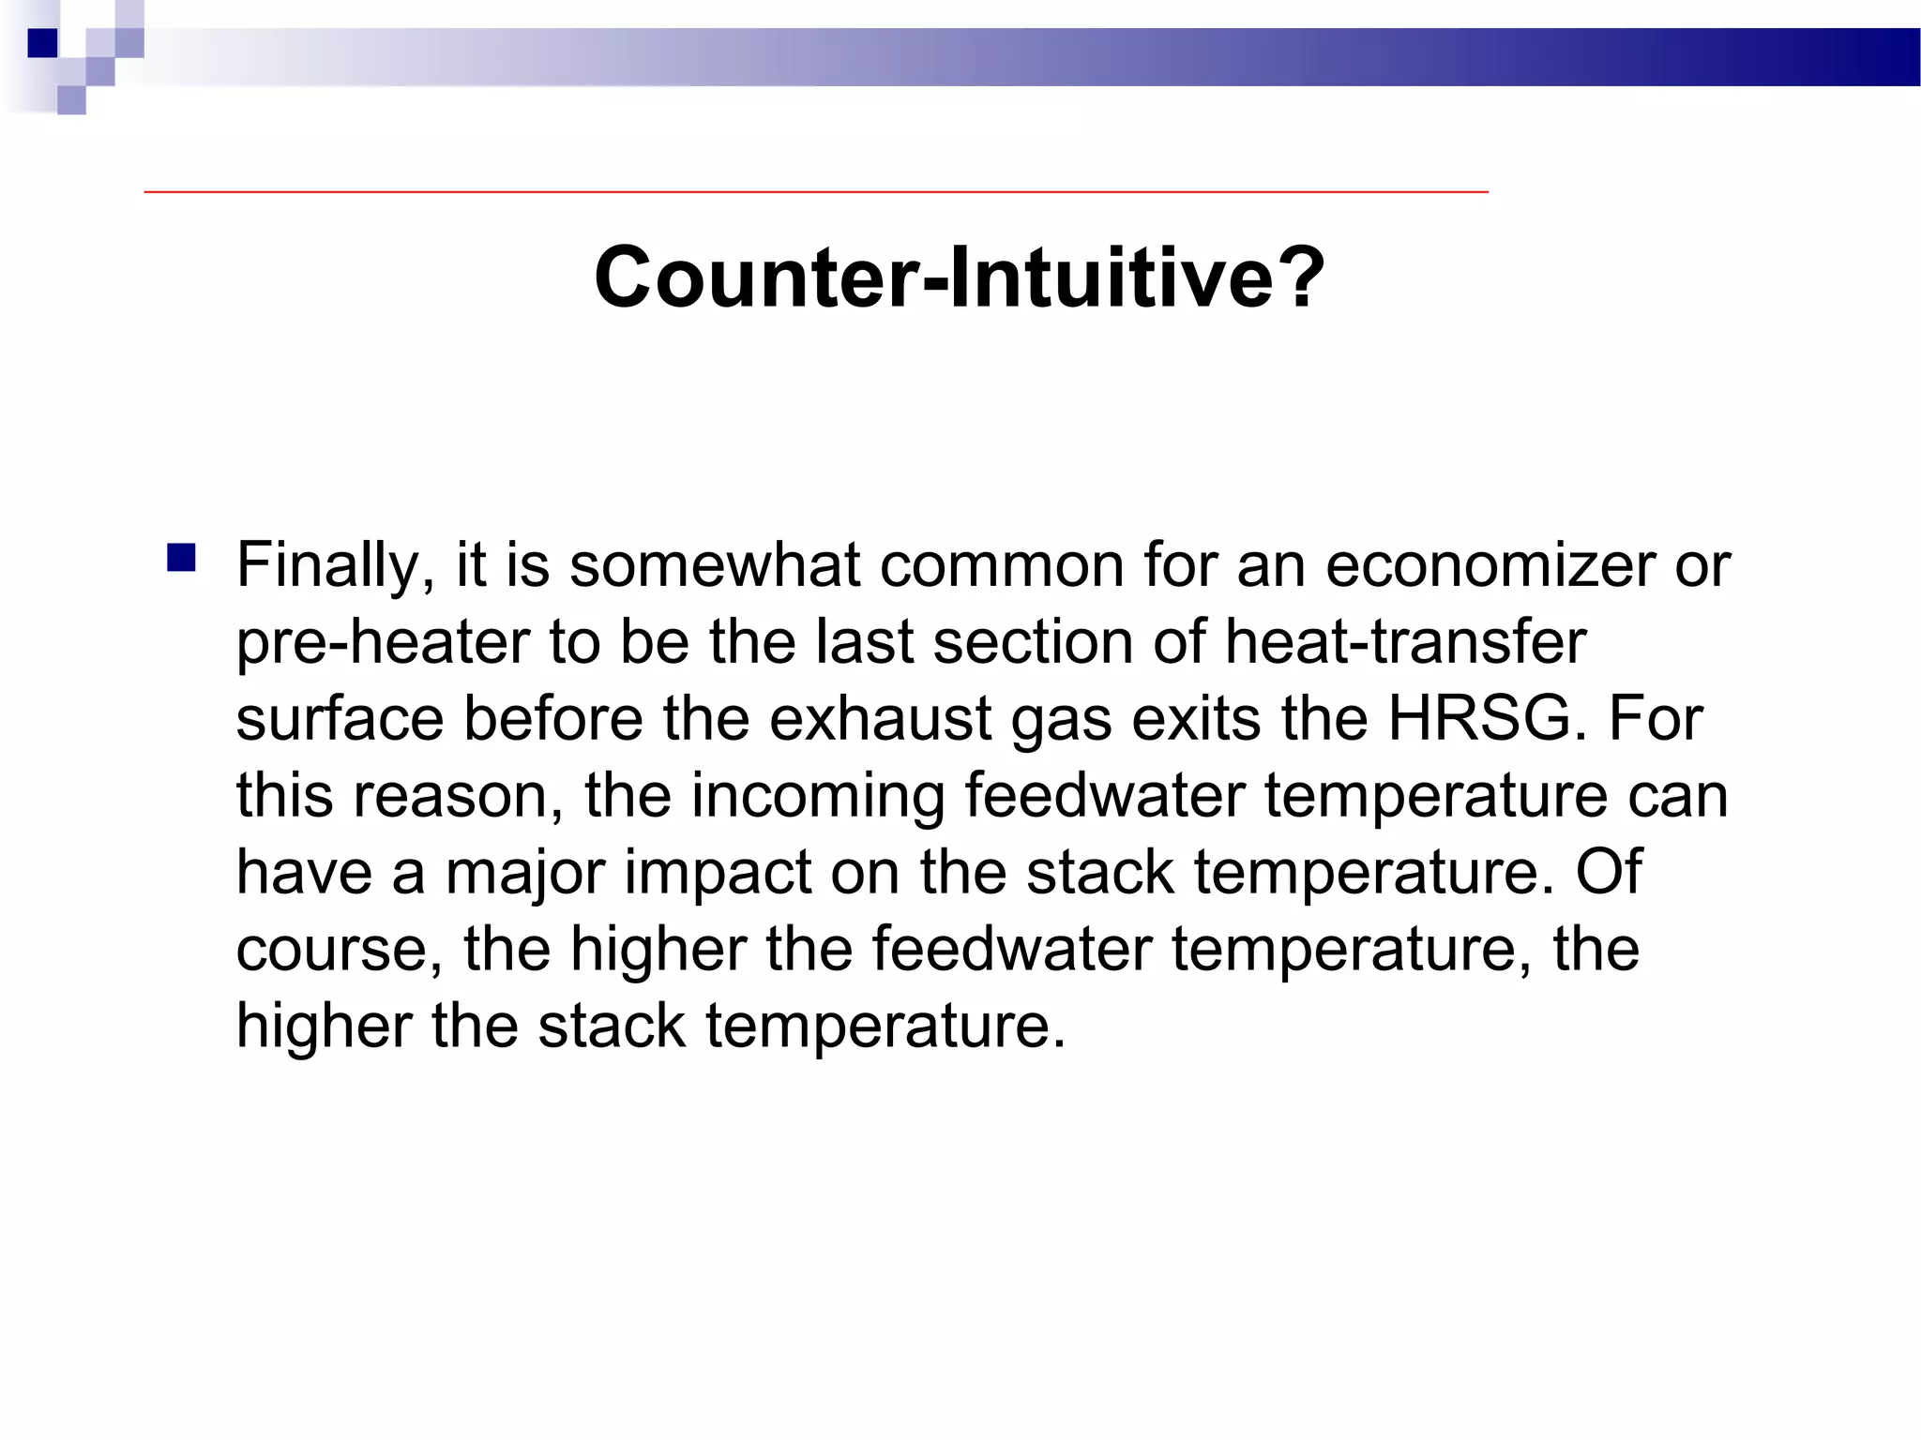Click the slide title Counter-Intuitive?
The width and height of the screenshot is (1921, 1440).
pyautogui.click(x=960, y=277)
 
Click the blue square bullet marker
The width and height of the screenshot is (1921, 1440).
pyautogui.click(x=181, y=559)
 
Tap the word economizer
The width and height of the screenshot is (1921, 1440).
pyautogui.click(x=1490, y=565)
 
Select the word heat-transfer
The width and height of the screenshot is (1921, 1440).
pyautogui.click(x=1404, y=642)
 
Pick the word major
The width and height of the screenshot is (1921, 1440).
pyautogui.click(x=524, y=873)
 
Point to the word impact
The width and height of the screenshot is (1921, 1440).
pyautogui.click(x=718, y=873)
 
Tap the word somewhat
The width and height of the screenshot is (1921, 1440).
pyautogui.click(x=714, y=565)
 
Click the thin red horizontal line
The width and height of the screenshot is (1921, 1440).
pyautogui.click(x=816, y=191)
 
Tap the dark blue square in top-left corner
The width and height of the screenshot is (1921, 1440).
pyautogui.click(x=43, y=43)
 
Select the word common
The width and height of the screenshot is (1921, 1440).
pyautogui.click(x=1001, y=565)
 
